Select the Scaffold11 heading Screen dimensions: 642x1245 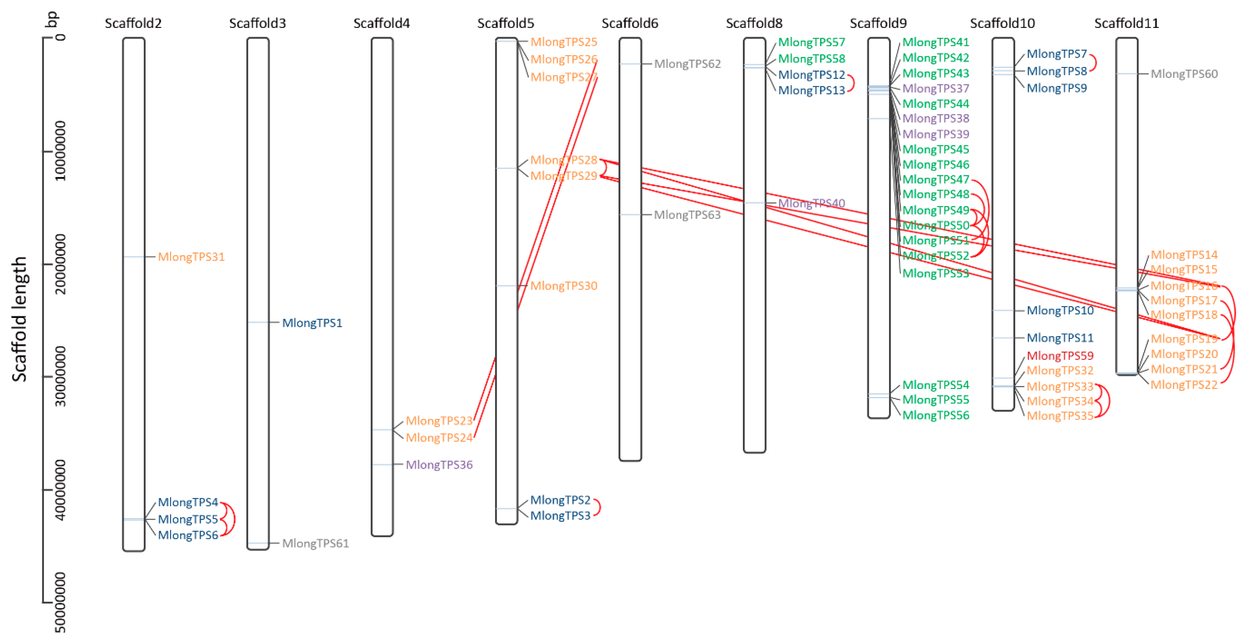tap(1126, 23)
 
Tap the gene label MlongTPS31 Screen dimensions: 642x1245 tap(191, 257)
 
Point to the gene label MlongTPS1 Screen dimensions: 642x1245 tap(312, 323)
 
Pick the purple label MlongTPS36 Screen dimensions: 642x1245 tap(439, 465)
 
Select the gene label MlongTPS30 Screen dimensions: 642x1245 tap(563, 286)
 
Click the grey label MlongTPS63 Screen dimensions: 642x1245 tap(687, 215)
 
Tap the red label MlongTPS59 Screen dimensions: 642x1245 tap(1060, 356)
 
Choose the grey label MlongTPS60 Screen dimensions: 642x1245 tap(1184, 74)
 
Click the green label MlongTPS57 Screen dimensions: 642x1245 tap(811, 43)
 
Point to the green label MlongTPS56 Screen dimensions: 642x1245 tap(936, 415)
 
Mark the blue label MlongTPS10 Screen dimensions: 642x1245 tap(1060, 310)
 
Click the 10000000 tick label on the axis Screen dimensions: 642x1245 tap(60, 151)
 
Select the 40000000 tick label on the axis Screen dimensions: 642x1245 tap(60, 490)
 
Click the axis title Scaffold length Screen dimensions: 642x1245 tap(19, 319)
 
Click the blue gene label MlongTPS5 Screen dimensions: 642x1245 tap(188, 519)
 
